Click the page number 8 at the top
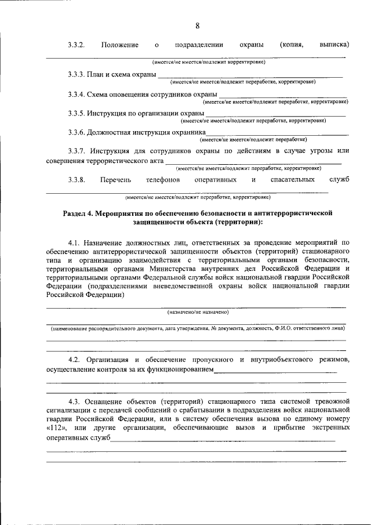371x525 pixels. pyautogui.click(x=197, y=26)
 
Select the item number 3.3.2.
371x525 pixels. pyautogui.click(x=77, y=45)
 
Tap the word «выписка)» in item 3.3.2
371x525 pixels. pyautogui.click(x=334, y=45)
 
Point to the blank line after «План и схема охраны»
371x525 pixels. pyautogui.click(x=250, y=77)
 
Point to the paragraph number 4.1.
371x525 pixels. pyautogui.click(x=75, y=242)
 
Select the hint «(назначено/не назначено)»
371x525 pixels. pyautogui.click(x=198, y=312)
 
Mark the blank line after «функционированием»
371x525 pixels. pyautogui.click(x=275, y=371)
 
